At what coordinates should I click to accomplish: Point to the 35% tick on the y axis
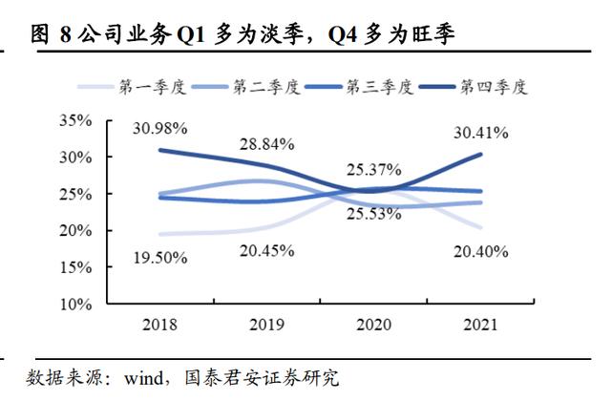[x=74, y=120]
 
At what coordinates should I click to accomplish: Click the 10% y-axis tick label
[x=74, y=305]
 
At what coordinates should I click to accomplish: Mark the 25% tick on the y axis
[x=74, y=194]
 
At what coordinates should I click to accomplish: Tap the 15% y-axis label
[x=74, y=268]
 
